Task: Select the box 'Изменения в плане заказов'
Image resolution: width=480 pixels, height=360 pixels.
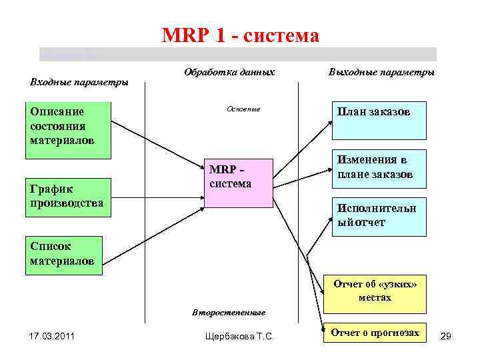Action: [379, 168]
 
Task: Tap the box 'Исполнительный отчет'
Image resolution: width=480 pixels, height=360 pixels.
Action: [379, 216]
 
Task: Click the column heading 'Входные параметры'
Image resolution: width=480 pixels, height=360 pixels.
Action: [79, 82]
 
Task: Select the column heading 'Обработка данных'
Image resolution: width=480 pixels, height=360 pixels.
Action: [229, 71]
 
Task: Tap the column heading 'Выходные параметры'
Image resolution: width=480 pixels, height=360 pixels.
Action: [381, 71]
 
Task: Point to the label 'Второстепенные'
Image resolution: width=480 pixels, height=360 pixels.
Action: [229, 312]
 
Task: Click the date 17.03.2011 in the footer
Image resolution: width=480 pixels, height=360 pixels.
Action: [52, 335]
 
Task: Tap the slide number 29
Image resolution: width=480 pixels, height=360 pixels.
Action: [446, 337]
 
